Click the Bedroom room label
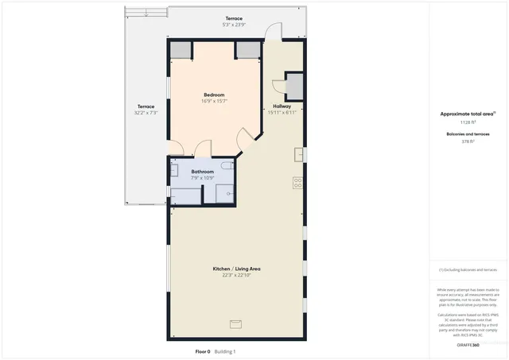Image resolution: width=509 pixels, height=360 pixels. pos(214,95)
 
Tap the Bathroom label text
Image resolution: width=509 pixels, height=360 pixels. pos(202,172)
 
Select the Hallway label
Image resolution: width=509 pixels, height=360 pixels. pos(282,106)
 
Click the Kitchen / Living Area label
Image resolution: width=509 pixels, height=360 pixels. pos(236,269)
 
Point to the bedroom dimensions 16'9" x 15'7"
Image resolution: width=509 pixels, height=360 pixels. pos(214,102)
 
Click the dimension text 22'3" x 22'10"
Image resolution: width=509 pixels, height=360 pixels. pos(236,275)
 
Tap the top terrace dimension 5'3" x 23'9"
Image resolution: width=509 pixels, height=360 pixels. pos(233,25)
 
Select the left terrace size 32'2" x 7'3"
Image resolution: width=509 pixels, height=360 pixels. pos(146,113)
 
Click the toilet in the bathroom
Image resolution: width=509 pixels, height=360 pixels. pos(227,166)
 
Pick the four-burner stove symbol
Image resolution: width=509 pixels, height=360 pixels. pos(298,182)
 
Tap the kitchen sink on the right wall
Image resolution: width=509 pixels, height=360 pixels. pos(299,154)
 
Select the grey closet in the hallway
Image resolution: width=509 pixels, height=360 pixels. pos(294,85)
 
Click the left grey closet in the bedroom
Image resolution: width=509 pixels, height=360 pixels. pos(181,50)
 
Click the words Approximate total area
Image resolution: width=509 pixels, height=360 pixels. pos(468,114)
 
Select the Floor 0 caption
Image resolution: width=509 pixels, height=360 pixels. pos(204,351)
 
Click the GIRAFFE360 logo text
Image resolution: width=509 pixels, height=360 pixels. pos(469,346)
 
